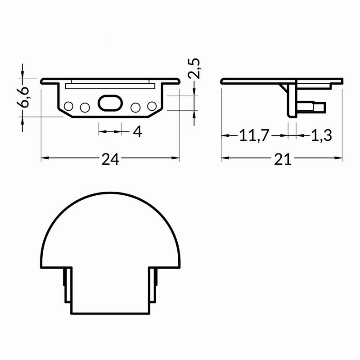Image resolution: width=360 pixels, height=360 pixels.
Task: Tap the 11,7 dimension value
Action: [254, 135]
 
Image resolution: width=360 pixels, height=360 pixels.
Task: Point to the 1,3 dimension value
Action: [321, 135]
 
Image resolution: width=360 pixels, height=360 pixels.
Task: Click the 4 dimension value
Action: [138, 131]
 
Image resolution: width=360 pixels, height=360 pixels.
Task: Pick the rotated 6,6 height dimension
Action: [23, 97]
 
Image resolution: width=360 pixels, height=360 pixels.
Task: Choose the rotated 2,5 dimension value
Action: [194, 68]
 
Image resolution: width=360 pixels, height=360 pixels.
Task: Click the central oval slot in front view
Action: [110, 103]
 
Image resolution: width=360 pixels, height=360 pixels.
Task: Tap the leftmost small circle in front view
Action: [68, 106]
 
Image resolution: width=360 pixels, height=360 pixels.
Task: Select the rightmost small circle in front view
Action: [152, 106]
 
